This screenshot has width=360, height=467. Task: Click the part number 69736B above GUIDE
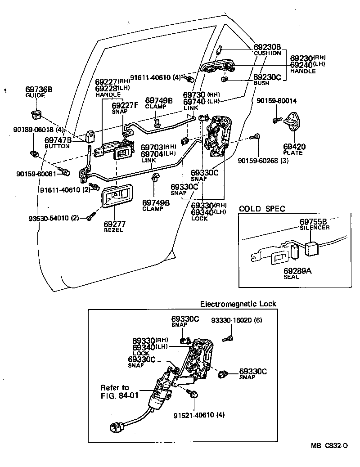(39, 90)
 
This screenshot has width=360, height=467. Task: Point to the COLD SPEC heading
(262, 209)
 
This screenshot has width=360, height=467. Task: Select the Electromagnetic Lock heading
(238, 304)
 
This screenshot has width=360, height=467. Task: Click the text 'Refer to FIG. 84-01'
(115, 391)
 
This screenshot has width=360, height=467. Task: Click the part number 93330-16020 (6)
(236, 320)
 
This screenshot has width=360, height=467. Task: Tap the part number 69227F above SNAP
(125, 106)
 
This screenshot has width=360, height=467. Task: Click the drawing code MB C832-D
(329, 446)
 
